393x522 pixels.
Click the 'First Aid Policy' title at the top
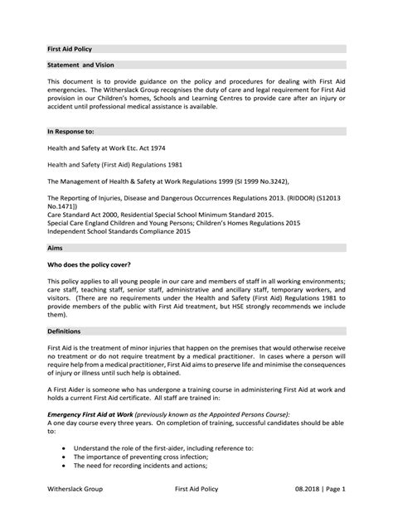[70, 49]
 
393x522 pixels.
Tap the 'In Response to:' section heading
[70, 131]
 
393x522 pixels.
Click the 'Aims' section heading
[56, 247]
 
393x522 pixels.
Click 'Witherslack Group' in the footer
[75, 490]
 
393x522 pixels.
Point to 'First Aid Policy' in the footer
[198, 490]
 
